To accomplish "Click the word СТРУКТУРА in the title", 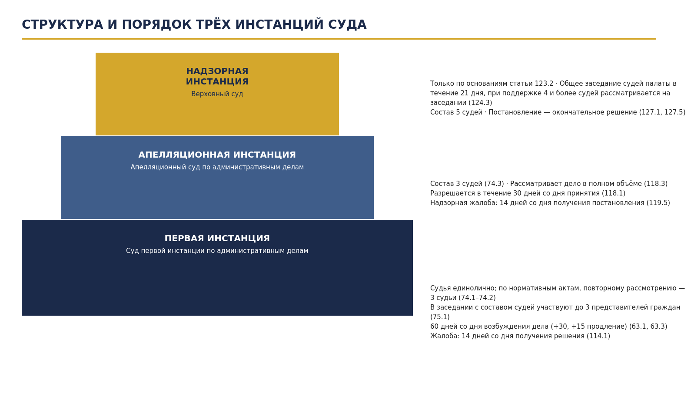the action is coord(62,25).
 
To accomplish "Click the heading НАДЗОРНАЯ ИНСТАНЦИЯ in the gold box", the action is coord(217,76).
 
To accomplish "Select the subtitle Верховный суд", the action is coord(217,94).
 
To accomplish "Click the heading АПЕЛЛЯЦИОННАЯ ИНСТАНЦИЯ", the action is coord(217,155).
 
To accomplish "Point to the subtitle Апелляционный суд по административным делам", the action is coord(217,167).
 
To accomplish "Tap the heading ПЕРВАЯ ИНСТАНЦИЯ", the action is coord(217,239).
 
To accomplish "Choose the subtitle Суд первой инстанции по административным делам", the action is coord(217,250).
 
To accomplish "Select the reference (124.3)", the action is coord(480,103).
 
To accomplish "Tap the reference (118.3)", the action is coord(656,184).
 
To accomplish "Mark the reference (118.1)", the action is coord(614,193).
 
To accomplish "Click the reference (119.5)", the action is coord(658,203).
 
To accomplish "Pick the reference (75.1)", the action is coord(440,317).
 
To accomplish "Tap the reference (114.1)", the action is coord(598,336).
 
